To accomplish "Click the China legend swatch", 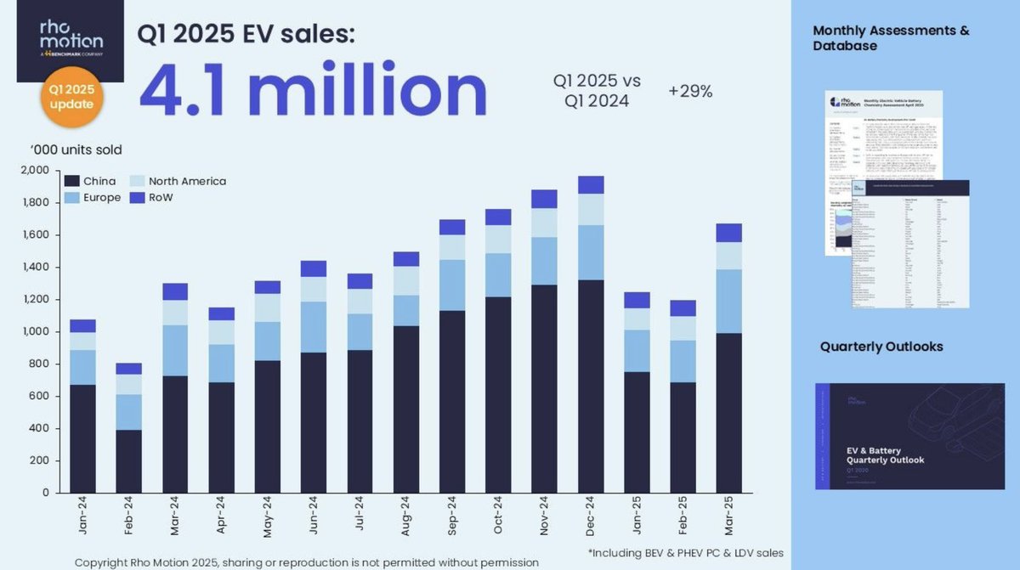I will pos(71,181).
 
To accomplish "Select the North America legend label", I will pos(187,181).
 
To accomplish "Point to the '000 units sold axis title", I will pos(77,150).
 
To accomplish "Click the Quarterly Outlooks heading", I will pos(881,347).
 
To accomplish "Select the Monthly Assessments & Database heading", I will pos(890,37).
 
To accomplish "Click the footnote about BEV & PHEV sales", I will pos(685,553).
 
